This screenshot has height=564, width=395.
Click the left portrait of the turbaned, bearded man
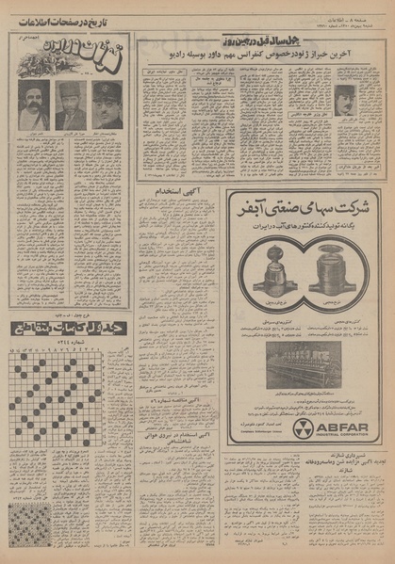[x=34, y=104]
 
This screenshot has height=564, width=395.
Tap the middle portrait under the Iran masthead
[x=71, y=105]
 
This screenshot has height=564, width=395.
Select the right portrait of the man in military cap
[x=107, y=104]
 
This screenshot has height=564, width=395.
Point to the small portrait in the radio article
[x=346, y=99]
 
